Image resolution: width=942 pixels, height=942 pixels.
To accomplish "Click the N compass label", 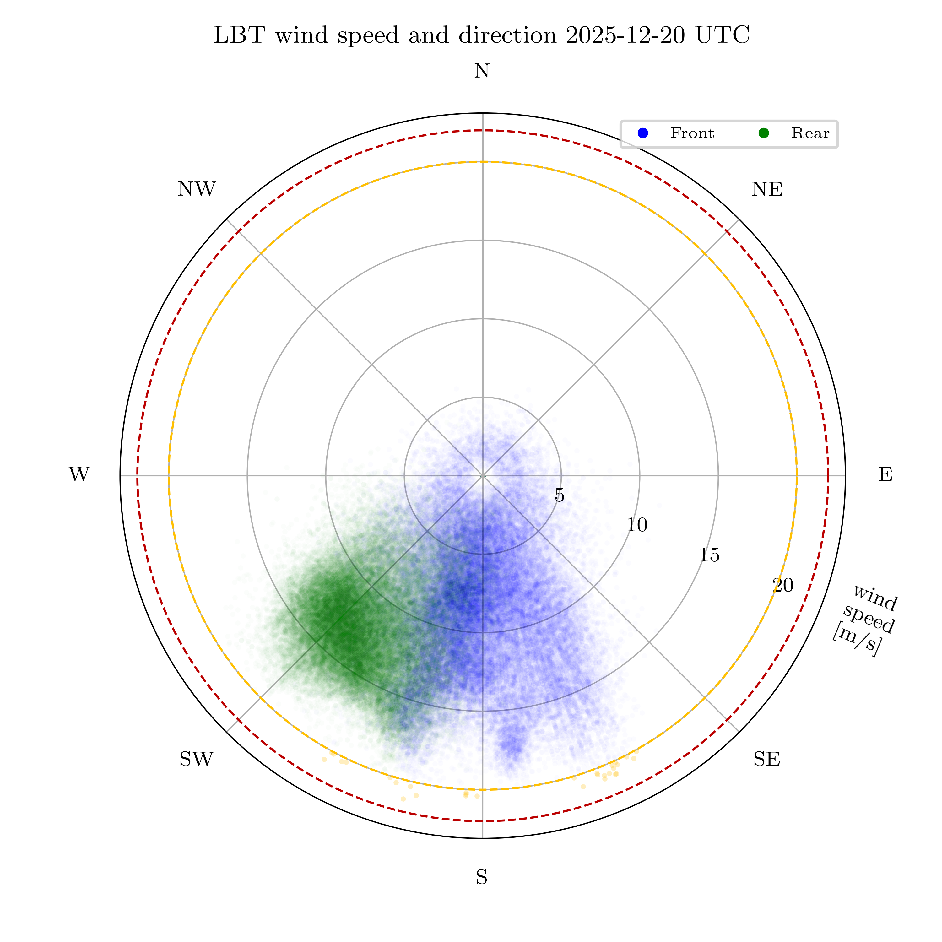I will (482, 72).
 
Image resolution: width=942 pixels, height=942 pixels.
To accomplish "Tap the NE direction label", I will (767, 190).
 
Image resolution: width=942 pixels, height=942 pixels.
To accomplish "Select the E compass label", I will (885, 474).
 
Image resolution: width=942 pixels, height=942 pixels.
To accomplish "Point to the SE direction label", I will (766, 759).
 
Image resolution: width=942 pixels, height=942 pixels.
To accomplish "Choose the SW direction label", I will (197, 759).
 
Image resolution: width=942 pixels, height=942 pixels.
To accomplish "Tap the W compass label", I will (79, 474).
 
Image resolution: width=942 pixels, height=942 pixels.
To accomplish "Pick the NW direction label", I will (197, 190).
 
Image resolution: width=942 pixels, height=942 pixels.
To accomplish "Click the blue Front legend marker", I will (643, 133).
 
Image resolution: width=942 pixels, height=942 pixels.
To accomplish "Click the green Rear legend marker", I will (764, 133).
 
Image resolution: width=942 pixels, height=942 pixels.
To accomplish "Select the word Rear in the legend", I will (810, 133).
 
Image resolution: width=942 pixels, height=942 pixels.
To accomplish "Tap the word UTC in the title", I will (723, 35).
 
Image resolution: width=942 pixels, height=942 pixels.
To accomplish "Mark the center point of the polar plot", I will (483, 475).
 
